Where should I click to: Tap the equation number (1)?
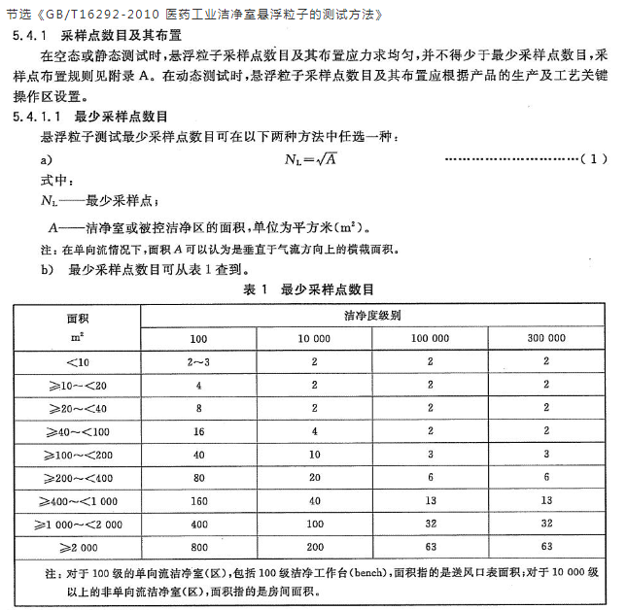click(593, 158)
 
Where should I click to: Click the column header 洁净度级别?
click(372, 317)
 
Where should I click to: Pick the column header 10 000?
click(314, 338)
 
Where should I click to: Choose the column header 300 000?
click(546, 338)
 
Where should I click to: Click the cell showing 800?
click(198, 547)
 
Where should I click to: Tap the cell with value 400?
click(198, 524)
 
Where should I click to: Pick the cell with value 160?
click(198, 500)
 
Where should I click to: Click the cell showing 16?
click(198, 430)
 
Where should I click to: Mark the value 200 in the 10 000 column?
click(314, 547)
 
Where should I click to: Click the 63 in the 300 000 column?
click(546, 547)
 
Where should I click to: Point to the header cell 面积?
click(77, 318)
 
